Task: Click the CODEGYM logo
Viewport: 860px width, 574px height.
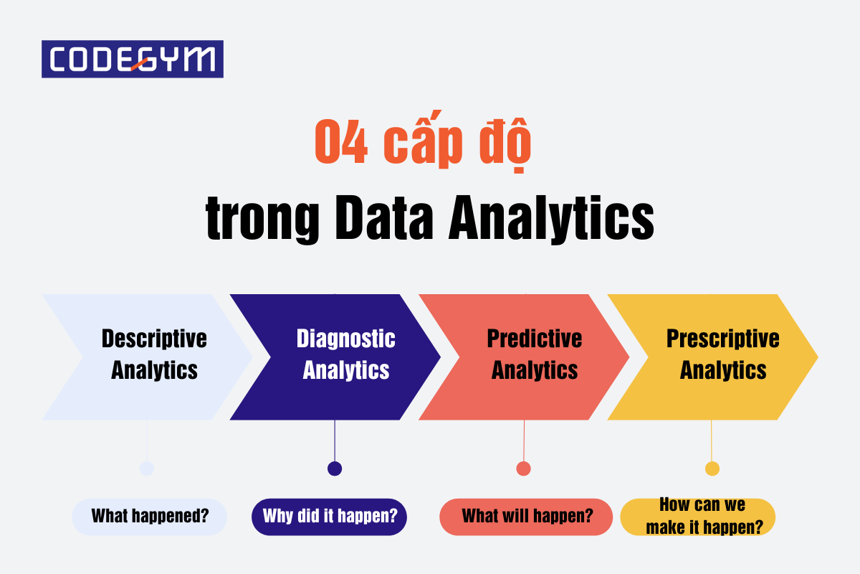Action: click(x=133, y=60)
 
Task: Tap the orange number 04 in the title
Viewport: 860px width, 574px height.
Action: click(x=341, y=141)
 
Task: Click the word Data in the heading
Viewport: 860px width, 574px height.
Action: click(x=384, y=217)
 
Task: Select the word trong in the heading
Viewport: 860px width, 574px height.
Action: click(x=262, y=220)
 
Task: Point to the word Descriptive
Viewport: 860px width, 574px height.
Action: click(x=154, y=339)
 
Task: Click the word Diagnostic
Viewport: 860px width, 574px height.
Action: click(x=346, y=339)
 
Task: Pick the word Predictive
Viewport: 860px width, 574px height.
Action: click(x=535, y=339)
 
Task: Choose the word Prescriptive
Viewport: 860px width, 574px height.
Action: click(x=723, y=339)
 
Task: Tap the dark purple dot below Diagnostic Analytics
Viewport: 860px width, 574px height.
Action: click(x=335, y=469)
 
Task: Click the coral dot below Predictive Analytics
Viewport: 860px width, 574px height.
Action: click(x=524, y=469)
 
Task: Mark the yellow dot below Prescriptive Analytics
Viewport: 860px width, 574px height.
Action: click(x=712, y=469)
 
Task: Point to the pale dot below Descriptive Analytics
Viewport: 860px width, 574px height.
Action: click(x=147, y=469)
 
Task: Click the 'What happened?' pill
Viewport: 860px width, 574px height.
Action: click(x=149, y=517)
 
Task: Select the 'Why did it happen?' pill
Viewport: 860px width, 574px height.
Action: click(x=330, y=517)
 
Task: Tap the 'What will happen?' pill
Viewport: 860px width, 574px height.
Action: click(x=526, y=517)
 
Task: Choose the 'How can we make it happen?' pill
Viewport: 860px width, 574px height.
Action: click(x=697, y=517)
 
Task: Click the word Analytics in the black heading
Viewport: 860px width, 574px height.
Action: click(x=551, y=219)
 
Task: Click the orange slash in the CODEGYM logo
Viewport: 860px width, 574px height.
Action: click(x=139, y=64)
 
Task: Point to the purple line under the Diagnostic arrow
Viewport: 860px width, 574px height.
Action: click(x=335, y=441)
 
